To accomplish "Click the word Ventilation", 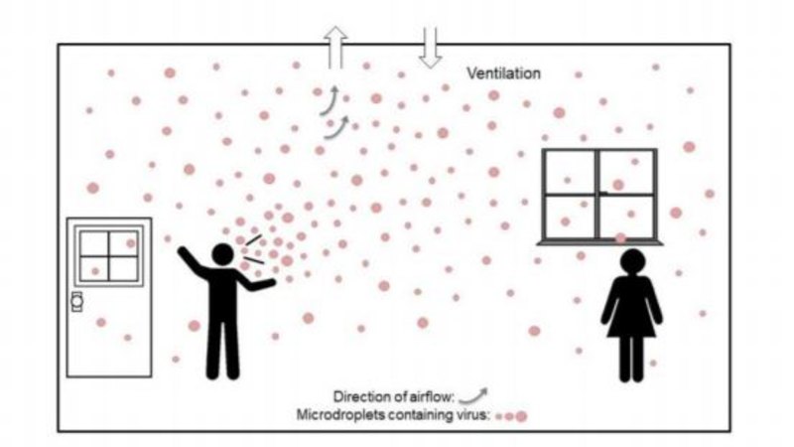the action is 503,74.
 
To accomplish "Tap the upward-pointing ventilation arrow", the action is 335,47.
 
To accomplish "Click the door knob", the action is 77,302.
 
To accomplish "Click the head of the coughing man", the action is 222,254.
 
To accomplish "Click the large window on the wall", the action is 599,195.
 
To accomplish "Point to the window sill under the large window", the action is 600,242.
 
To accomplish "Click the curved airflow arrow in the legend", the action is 474,396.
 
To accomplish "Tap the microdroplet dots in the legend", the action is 511,416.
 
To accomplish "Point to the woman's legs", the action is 631,359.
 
